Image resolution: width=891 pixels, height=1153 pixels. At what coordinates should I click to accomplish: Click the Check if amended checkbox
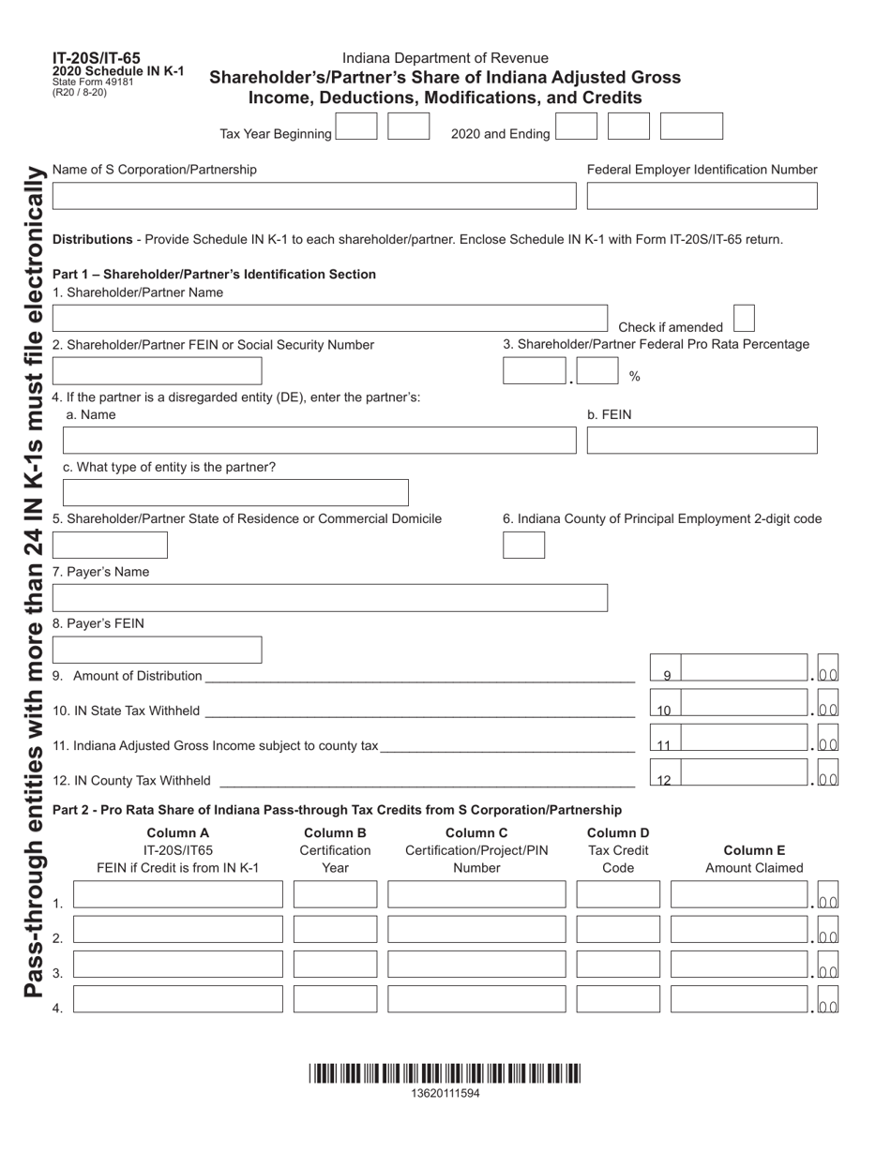743,319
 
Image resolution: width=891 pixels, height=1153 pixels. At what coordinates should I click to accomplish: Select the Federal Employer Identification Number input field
702,196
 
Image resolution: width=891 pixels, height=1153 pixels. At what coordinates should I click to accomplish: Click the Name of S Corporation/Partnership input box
314,196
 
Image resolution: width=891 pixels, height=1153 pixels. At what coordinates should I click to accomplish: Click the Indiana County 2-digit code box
523,546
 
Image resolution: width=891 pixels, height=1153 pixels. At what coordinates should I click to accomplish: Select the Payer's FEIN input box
157,650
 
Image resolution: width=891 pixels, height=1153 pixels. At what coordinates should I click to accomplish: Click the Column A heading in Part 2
177,833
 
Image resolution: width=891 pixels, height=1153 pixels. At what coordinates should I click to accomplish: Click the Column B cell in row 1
335,894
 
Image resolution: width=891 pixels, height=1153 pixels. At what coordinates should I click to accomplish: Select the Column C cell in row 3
476,964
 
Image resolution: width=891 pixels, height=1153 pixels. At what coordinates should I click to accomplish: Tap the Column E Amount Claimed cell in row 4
740,999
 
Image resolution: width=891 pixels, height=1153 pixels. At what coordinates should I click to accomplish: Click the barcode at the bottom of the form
445,1073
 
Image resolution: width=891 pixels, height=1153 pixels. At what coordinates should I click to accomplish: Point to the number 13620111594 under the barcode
445,1093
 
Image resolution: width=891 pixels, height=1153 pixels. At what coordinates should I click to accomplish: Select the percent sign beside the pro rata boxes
635,377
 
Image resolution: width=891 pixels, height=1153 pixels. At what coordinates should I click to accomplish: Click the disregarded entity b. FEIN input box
702,441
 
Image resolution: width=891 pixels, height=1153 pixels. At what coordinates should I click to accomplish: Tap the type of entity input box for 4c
235,493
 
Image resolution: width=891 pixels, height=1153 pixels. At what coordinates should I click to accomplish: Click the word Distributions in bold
92,239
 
